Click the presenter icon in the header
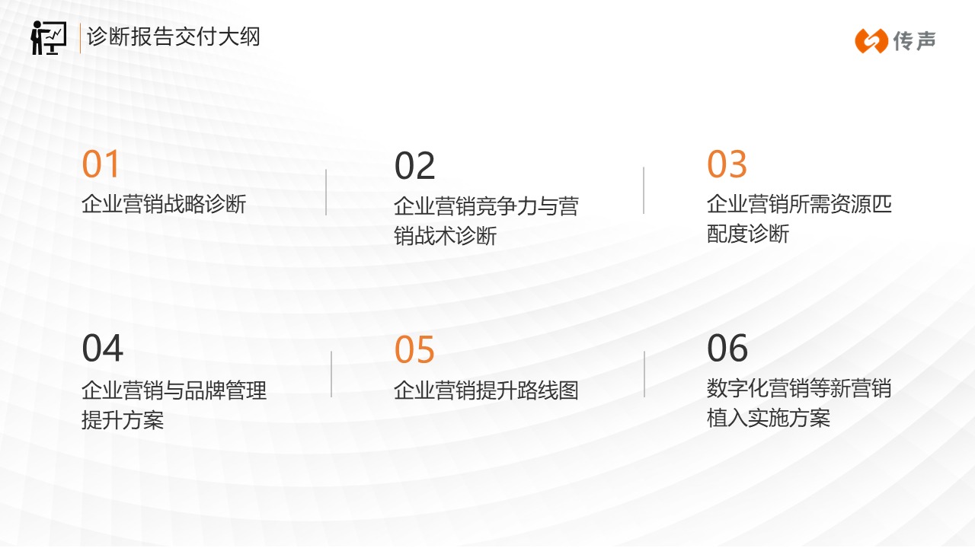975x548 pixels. pos(49,38)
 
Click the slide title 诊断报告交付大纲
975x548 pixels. pos(174,37)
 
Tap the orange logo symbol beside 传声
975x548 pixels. pos(871,41)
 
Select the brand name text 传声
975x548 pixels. pos(914,41)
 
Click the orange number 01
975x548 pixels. pos(101,164)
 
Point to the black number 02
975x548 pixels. pos(414,166)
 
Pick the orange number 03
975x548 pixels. pos(727,164)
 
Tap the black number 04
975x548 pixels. pos(102,348)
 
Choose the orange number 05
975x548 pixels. pos(414,349)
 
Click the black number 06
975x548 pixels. pos(727,348)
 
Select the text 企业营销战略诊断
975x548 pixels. pos(164,203)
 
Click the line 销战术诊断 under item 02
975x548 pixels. pos(446,236)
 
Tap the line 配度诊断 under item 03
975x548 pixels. pos(748,234)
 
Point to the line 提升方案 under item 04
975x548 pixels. pos(123,419)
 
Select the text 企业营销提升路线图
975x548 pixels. pos(486,390)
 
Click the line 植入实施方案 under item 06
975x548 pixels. pos(769,418)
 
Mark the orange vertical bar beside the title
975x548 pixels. pos(80,38)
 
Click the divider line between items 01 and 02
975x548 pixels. pos(326,193)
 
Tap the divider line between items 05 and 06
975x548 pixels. pos(644,374)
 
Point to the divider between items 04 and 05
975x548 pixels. pos(331,374)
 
